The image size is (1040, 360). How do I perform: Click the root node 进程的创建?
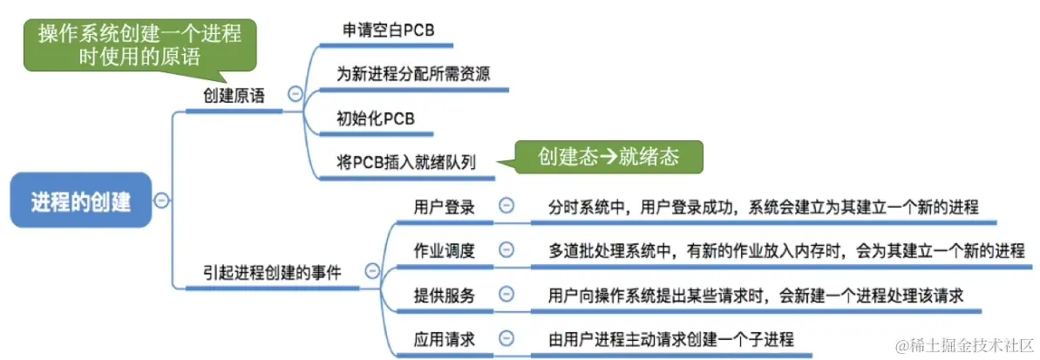click(80, 201)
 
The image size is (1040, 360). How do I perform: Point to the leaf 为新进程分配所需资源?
click(412, 73)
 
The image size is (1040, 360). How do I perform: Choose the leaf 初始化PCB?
click(375, 117)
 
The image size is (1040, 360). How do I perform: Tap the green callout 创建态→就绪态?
click(608, 157)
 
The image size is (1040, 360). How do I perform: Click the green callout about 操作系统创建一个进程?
click(140, 44)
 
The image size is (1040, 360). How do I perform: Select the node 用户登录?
click(444, 207)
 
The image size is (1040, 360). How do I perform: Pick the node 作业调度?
click(444, 251)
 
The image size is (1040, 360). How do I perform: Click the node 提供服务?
click(444, 295)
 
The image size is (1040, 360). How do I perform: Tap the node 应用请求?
click(444, 339)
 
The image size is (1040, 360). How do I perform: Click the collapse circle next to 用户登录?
click(506, 207)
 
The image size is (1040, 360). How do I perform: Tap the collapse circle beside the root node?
click(161, 200)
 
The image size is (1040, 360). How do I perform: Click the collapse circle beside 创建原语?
click(296, 94)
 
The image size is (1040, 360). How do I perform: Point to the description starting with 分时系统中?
click(763, 207)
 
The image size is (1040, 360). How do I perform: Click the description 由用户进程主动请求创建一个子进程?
click(670, 339)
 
